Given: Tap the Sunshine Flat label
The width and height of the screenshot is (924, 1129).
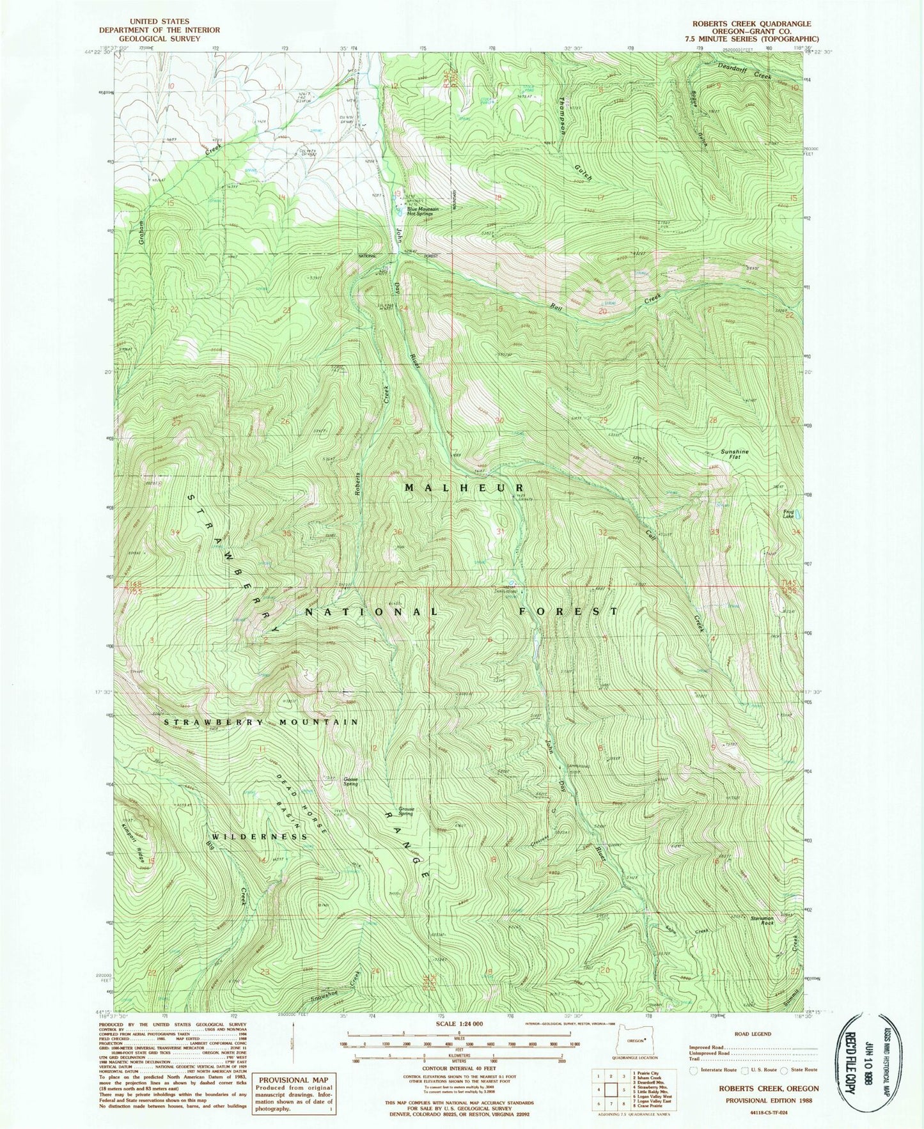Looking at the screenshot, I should click(x=735, y=455).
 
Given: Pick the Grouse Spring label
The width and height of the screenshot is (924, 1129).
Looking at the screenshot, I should click(x=405, y=811).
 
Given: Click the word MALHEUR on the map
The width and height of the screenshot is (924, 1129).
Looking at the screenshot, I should click(x=464, y=488).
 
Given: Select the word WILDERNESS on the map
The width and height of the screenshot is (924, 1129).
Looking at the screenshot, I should click(x=259, y=836).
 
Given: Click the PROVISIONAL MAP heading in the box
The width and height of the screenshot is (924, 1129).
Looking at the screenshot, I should click(x=293, y=1080).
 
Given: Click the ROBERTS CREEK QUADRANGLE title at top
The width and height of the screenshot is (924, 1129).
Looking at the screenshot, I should click(x=751, y=24).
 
